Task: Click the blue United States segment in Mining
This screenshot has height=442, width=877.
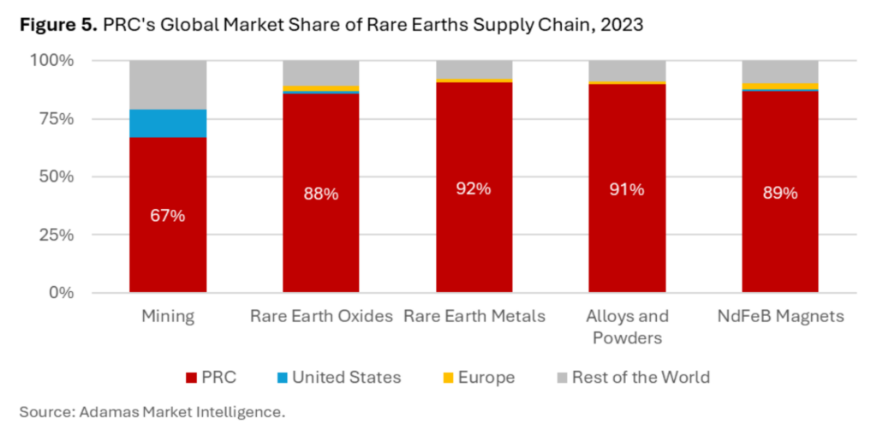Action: (168, 123)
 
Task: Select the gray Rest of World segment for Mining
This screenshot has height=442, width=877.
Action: (168, 85)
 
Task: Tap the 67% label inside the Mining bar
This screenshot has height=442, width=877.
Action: (168, 215)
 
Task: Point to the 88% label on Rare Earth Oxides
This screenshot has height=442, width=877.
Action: (321, 194)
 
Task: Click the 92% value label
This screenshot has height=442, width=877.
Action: (474, 188)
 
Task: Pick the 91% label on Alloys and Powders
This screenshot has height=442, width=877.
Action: (627, 189)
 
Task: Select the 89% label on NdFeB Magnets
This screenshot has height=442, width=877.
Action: (779, 193)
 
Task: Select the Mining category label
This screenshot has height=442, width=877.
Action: (168, 316)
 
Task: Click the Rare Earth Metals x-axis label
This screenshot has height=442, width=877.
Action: (474, 316)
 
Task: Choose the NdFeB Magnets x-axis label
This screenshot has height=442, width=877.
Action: (779, 316)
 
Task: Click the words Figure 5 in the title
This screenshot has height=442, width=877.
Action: (57, 25)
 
